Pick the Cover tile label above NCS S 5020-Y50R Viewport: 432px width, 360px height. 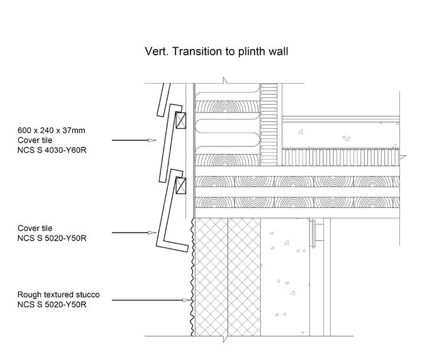click(x=35, y=228)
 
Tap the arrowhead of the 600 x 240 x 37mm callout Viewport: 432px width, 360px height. click(x=152, y=140)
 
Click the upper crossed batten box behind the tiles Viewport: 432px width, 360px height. click(x=180, y=120)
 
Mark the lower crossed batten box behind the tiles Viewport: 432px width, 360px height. click(x=182, y=185)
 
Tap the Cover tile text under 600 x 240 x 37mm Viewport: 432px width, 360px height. click(x=35, y=140)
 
